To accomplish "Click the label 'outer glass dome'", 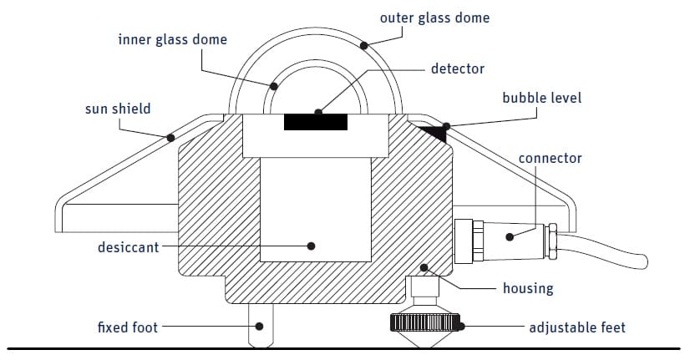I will coord(434,18).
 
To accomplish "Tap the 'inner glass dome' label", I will coord(171,39).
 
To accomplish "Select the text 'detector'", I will coord(457,68).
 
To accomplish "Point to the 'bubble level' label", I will coord(541,98).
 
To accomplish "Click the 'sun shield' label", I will coord(118,109).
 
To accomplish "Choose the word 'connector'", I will coord(550,158).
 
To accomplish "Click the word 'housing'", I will coord(527,288).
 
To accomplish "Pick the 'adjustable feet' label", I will coord(576,327).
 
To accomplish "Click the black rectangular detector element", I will coord(316,121).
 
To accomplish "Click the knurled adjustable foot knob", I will coord(426,322).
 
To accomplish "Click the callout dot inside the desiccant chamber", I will coord(311,246).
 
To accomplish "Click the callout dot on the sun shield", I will coord(170,137).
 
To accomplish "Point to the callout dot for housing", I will coord(424,268).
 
